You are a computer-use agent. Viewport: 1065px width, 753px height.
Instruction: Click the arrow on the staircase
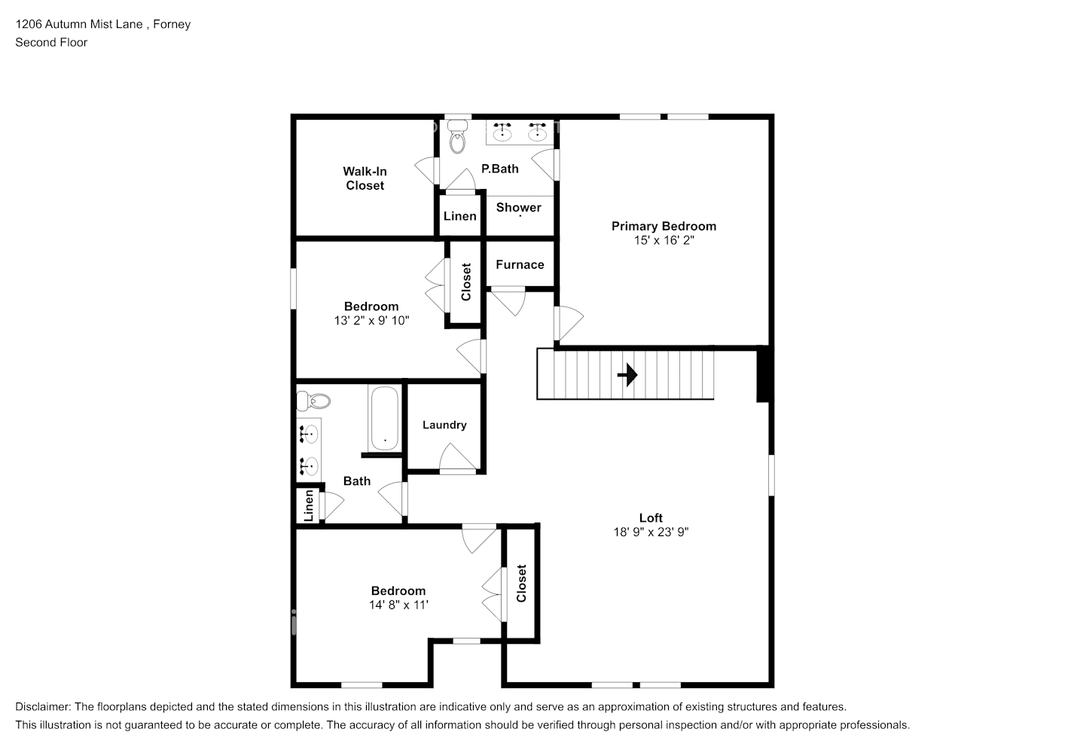627,374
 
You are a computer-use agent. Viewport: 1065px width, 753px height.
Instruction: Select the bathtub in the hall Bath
384,419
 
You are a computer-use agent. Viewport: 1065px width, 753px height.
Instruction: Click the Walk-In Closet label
365,178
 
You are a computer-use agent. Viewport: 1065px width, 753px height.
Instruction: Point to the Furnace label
520,264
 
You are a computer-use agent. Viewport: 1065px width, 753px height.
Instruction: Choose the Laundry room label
444,425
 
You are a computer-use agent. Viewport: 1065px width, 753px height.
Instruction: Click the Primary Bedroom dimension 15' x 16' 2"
664,240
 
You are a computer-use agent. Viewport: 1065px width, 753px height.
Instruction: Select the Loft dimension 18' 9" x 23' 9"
651,532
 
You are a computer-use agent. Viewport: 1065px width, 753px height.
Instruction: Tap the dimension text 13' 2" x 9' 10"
371,320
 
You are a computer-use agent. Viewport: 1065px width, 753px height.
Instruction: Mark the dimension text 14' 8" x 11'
398,605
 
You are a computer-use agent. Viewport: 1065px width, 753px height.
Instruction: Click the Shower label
518,207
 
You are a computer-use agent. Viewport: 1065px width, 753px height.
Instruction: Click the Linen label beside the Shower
459,216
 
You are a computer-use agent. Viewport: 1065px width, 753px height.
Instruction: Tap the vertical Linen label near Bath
309,505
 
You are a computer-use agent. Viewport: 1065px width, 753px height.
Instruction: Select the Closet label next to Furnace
465,282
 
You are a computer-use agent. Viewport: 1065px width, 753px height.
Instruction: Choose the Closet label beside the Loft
521,584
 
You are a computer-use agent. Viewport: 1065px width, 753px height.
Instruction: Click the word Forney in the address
172,24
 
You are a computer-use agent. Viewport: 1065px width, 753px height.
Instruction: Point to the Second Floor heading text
51,42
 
